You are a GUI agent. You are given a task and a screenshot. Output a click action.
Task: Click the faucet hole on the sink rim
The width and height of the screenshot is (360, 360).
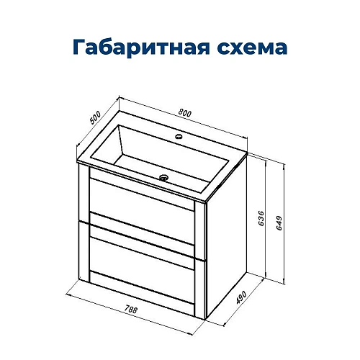[176, 135]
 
